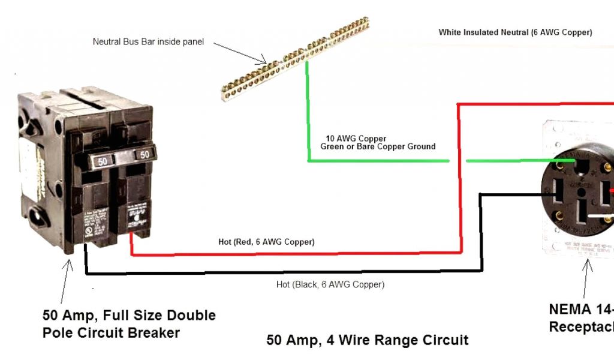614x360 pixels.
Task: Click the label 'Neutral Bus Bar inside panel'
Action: click(148, 42)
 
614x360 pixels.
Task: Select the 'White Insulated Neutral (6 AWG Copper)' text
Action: click(515, 32)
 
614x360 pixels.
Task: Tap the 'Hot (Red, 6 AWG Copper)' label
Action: click(266, 242)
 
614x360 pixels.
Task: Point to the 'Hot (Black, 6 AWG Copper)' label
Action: click(330, 284)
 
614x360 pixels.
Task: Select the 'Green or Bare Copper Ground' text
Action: click(378, 146)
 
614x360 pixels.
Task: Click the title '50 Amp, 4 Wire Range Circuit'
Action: click(367, 340)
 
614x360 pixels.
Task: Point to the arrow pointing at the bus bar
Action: click(240, 53)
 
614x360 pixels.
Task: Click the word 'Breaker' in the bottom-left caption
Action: click(153, 332)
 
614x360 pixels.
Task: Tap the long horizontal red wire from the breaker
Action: click(294, 253)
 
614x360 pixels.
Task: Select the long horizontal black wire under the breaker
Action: click(282, 273)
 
